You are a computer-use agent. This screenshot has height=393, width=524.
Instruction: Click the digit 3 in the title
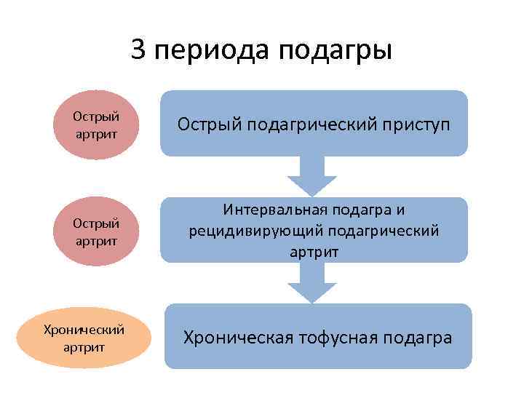[x=139, y=50]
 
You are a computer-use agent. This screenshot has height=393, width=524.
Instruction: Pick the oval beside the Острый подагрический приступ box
[x=97, y=125]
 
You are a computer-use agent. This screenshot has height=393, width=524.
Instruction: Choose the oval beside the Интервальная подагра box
[x=97, y=229]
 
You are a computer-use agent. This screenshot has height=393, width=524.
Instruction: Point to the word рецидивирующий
[x=247, y=231]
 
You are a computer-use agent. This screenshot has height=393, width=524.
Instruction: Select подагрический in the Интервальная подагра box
[x=386, y=231]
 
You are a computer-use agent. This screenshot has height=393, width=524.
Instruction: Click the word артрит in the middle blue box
[x=314, y=251]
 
